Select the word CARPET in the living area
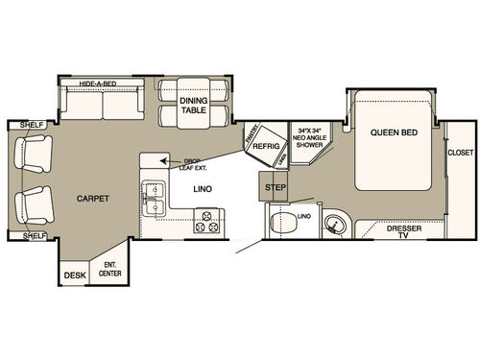[93, 199]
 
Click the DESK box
[74, 275]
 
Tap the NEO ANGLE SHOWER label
[313, 134]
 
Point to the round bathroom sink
[331, 226]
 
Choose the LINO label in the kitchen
[203, 189]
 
